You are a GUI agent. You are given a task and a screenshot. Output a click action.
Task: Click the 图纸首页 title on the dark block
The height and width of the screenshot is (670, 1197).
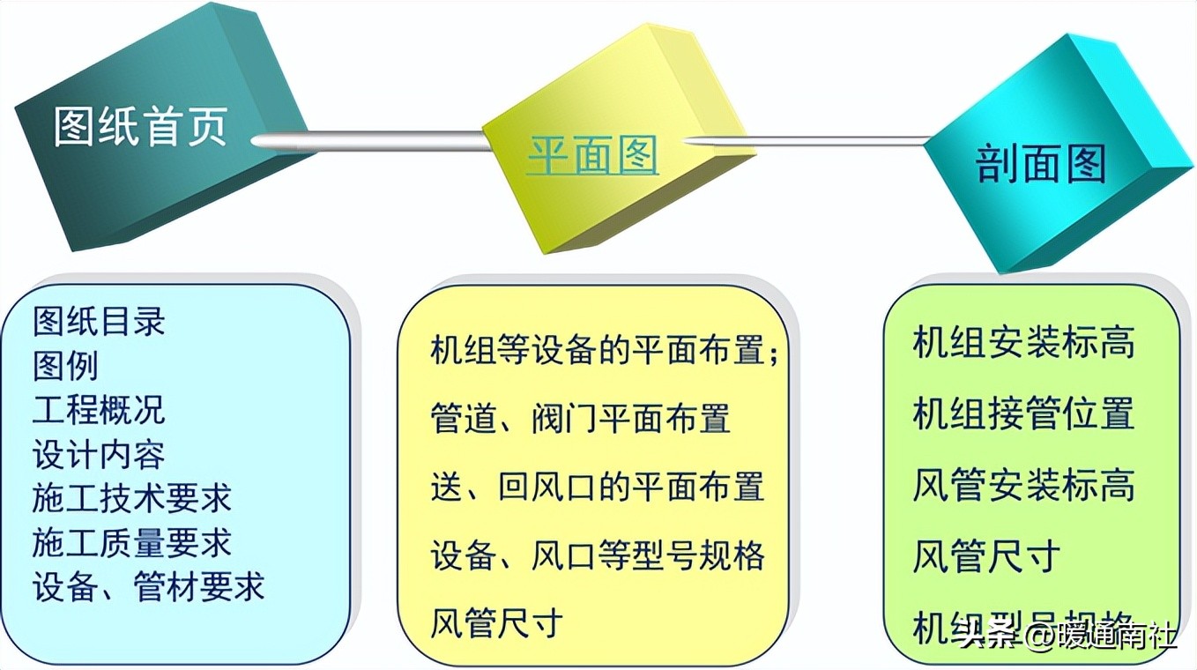click(x=141, y=128)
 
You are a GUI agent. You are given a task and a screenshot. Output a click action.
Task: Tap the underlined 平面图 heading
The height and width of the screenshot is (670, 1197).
click(x=591, y=157)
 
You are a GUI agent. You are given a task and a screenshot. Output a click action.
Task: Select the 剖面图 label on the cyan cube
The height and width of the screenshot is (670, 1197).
click(x=1040, y=164)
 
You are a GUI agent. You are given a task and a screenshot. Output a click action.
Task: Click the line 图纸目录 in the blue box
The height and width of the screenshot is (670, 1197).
click(x=99, y=322)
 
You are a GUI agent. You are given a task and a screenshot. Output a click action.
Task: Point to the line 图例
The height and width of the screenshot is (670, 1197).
click(x=66, y=366)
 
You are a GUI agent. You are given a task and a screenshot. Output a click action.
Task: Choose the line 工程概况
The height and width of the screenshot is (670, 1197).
click(x=99, y=410)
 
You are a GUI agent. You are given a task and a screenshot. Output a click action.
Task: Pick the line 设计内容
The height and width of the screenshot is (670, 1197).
click(x=99, y=455)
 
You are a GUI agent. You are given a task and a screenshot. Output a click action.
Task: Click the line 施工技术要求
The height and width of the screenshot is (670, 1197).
click(x=132, y=499)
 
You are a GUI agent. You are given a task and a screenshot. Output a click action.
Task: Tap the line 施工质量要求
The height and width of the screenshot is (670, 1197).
click(x=132, y=543)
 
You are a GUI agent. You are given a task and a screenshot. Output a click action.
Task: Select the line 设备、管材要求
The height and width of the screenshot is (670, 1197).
click(x=149, y=587)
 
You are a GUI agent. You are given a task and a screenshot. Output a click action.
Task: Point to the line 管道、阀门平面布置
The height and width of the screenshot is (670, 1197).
click(x=580, y=418)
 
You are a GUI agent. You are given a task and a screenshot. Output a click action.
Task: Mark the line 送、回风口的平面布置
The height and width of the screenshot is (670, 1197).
click(x=597, y=487)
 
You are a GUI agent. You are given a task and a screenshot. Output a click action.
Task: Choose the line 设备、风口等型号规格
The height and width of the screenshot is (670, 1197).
click(x=597, y=555)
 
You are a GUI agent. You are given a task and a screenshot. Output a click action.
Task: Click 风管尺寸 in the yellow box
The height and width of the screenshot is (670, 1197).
click(x=496, y=623)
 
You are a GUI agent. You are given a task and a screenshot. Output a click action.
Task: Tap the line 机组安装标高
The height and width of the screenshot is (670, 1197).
click(x=1023, y=343)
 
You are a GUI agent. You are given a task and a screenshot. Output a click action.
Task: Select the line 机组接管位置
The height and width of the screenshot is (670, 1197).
click(x=1023, y=414)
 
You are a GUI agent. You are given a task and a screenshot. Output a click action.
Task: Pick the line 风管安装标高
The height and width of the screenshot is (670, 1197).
click(x=1023, y=486)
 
